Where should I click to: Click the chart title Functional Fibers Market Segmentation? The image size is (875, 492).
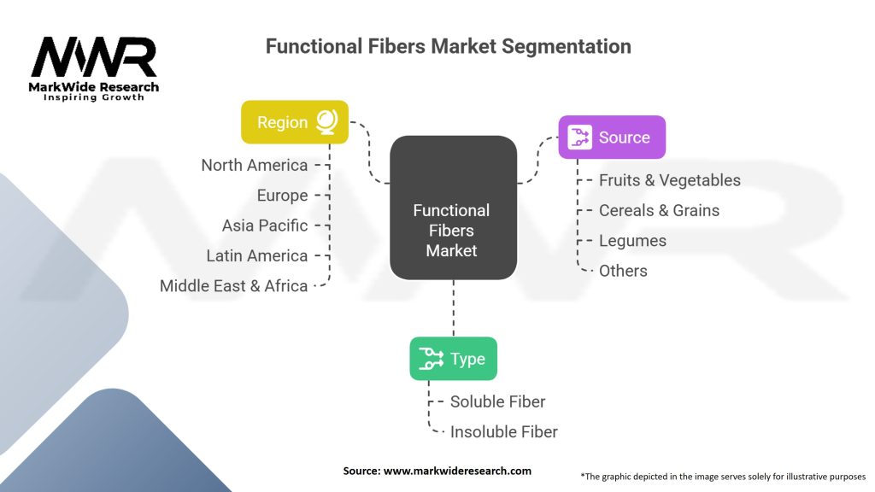coord(448,46)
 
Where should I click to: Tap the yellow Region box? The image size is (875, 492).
coord(294,122)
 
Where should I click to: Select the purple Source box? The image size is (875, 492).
coord(611,138)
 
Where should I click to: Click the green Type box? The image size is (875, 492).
coord(453,359)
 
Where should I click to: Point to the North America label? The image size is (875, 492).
coord(254,165)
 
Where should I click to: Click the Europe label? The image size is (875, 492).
coord(282,196)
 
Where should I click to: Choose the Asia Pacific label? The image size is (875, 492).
coord(264,225)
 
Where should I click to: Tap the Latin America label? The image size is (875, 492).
coord(256,255)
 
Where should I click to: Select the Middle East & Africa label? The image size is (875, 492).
coord(233,286)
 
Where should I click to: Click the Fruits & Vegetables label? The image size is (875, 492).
coord(669,180)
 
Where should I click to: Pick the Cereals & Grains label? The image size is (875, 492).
coord(659,210)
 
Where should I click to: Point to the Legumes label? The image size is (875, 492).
coord(632,241)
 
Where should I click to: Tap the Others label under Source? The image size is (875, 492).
coord(623,271)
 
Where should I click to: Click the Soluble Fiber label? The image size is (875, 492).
coord(497,401)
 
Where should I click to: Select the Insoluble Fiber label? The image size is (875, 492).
coord(503,432)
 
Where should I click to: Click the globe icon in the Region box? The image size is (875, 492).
coord(326,122)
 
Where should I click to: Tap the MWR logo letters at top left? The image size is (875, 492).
coord(94,57)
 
